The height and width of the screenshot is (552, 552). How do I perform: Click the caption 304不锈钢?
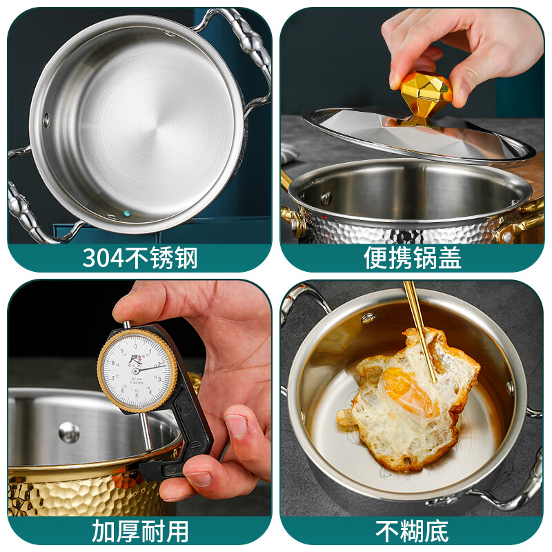140,258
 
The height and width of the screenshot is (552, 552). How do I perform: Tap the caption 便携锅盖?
413,258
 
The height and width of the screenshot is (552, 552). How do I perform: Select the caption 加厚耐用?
140,531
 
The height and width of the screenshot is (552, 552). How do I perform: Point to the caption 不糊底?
413,531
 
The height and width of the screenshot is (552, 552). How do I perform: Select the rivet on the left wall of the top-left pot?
47,119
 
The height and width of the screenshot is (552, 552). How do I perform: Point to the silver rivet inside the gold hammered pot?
68,432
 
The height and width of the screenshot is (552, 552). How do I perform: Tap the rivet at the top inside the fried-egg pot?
368,318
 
